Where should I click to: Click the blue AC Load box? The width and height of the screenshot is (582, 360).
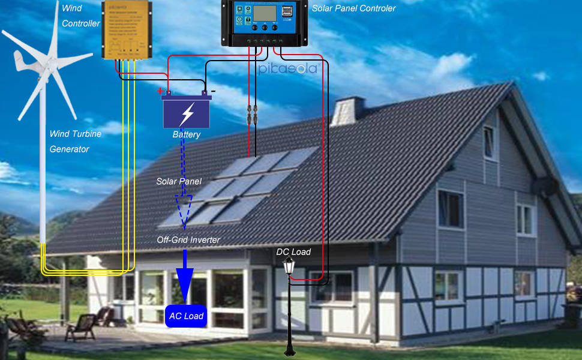(185, 316)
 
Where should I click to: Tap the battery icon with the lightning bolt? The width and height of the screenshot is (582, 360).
(187, 113)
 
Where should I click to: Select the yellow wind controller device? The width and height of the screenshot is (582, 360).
(126, 31)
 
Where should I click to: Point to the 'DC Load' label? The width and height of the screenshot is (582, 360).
(293, 252)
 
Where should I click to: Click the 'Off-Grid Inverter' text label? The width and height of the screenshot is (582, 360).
(188, 240)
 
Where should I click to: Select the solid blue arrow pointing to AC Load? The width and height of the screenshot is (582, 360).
(184, 277)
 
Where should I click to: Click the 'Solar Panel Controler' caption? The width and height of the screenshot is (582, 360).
(353, 8)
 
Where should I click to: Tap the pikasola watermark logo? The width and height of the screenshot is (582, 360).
(287, 69)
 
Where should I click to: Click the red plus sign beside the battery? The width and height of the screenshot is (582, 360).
(160, 91)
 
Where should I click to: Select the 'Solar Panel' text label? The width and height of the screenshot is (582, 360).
(179, 181)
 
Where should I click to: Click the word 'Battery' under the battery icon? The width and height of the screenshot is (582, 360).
(187, 134)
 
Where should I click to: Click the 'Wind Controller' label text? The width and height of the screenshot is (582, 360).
(81, 16)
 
